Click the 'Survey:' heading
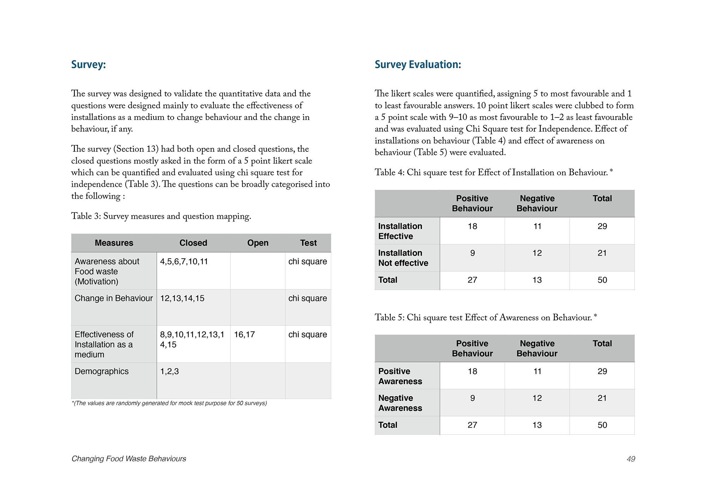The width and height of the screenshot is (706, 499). pos(88,65)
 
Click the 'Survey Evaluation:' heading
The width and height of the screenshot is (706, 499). pos(418,65)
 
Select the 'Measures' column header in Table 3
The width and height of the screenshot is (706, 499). pos(114,243)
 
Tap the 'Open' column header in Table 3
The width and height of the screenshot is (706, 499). pos(258,243)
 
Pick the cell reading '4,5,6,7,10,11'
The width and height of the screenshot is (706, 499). pos(184,261)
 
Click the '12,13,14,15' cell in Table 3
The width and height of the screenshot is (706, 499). pos(182,298)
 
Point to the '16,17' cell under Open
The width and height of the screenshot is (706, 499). pos(244,335)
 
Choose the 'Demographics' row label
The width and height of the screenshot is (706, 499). pos(102,371)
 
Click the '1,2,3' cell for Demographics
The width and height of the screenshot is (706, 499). pos(169,371)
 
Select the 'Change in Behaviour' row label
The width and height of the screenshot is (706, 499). pos(114,298)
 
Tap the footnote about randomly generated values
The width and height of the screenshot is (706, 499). pos(169,403)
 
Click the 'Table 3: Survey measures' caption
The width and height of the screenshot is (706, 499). pos(161,216)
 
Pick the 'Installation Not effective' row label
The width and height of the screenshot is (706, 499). pos(403,258)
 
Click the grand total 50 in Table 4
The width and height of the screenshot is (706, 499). pos(602,280)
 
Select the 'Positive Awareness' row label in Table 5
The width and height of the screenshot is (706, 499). pos(400,376)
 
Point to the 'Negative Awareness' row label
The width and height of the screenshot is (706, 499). pos(400,403)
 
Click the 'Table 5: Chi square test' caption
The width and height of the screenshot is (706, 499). pos(485,317)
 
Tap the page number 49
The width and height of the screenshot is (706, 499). pos(631,459)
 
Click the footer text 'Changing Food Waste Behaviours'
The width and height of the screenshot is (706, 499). pos(129,459)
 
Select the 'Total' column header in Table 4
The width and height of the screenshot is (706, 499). pos(602,199)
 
